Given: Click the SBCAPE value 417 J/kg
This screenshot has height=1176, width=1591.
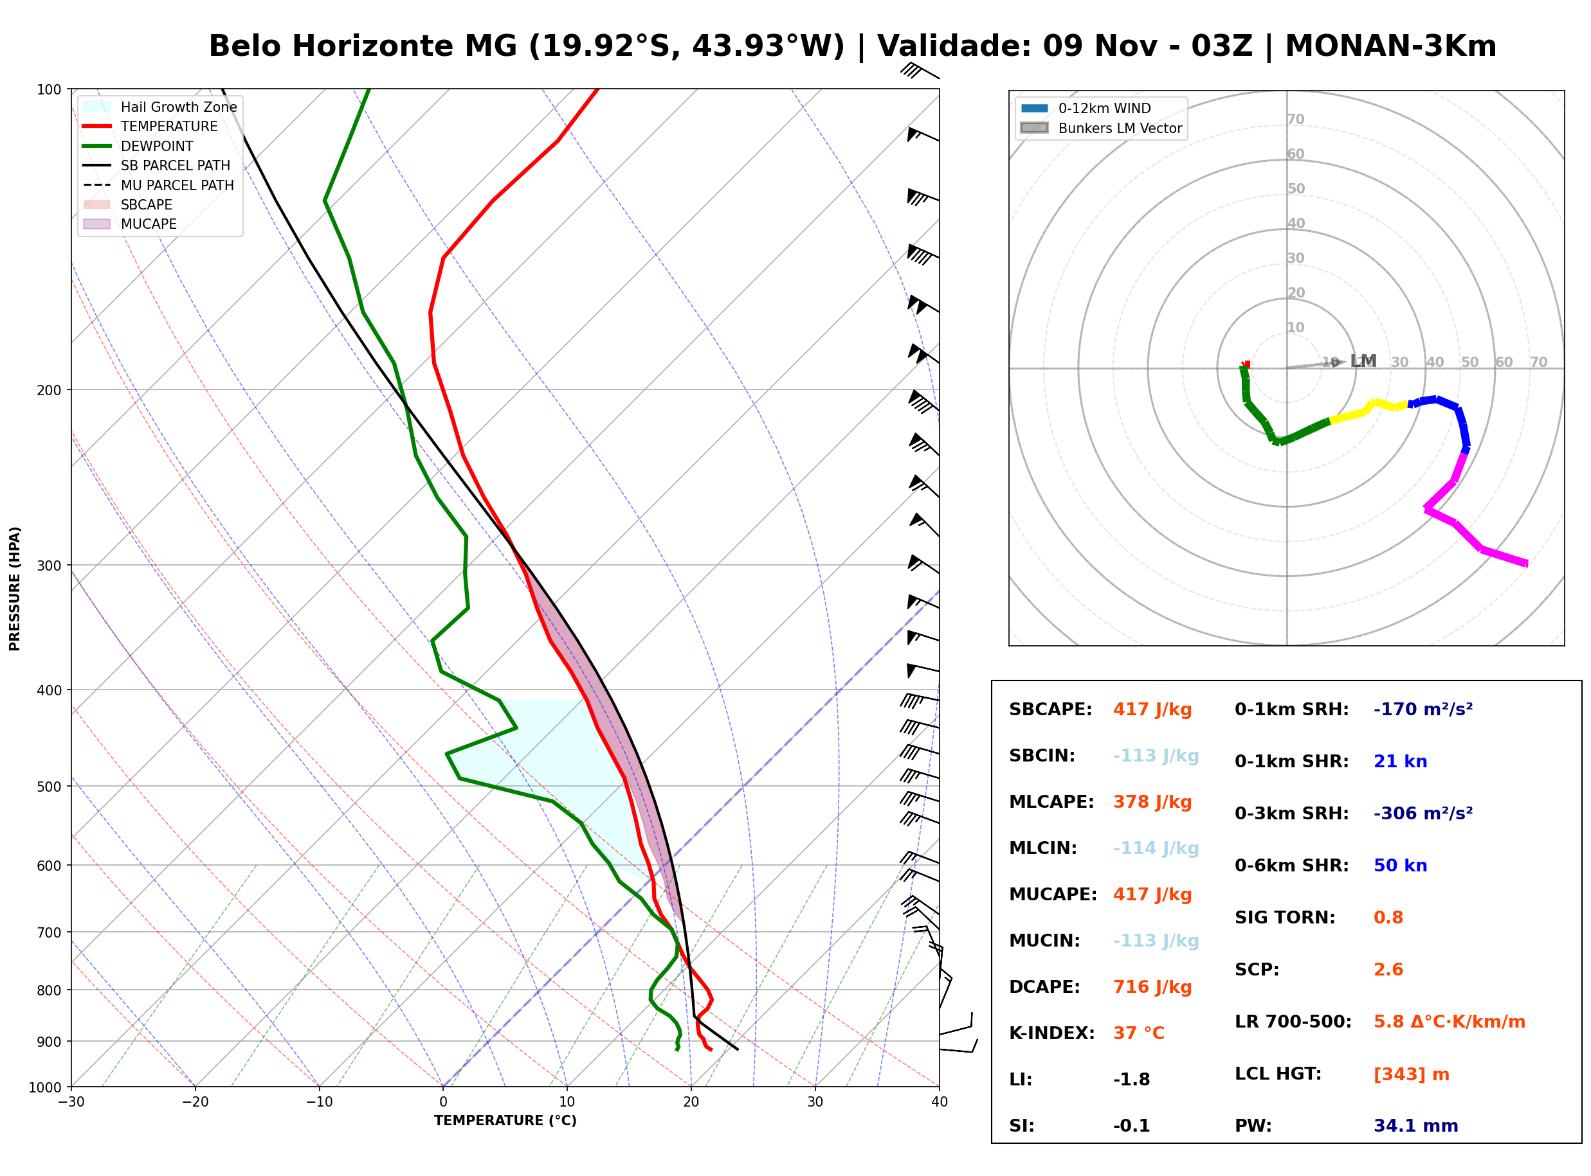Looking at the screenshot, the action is (x=1152, y=709).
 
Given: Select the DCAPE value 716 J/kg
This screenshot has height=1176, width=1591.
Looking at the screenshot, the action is (x=1152, y=987).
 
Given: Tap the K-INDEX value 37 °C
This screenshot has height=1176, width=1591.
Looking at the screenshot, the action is (x=1139, y=1033).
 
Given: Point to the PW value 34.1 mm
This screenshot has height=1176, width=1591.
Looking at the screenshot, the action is (x=1416, y=1126).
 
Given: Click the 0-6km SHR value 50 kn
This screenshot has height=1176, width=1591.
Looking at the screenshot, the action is (x=1400, y=866).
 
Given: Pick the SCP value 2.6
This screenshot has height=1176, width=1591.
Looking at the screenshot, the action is (x=1388, y=970).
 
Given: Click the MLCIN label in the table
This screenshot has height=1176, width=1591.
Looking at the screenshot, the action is (x=1043, y=848).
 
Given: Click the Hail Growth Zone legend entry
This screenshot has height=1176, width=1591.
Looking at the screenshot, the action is (x=161, y=107).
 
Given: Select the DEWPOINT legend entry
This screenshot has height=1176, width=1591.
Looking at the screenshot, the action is (x=138, y=146).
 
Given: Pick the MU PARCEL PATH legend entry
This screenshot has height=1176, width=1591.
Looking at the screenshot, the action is (x=158, y=185).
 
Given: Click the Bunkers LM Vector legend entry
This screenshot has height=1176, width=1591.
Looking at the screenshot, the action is (x=1101, y=128).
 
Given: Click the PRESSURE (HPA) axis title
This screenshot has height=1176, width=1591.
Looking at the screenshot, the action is (x=15, y=589).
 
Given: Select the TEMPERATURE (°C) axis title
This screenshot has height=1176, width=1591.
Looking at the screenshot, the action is (x=505, y=1121).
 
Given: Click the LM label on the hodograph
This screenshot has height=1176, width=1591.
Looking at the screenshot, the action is (x=1363, y=361).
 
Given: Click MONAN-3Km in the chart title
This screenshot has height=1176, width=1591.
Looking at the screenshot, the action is (x=1390, y=46).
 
